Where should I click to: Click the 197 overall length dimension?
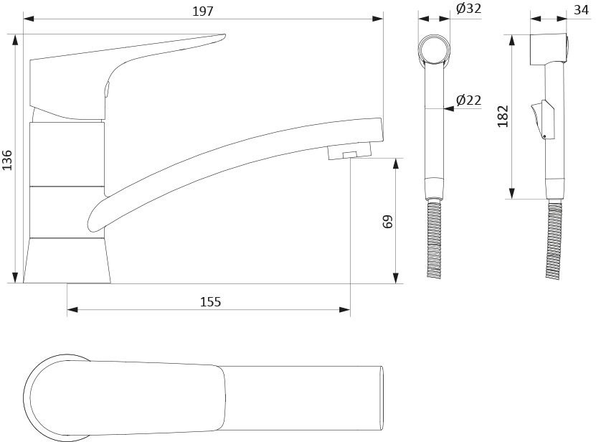[x=202, y=11]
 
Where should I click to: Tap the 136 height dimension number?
[x=7, y=160]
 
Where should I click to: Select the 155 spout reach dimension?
[x=210, y=301]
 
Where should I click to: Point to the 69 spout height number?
[x=388, y=222]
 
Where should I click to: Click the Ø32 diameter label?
[x=468, y=9]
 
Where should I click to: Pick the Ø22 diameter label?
[x=468, y=100]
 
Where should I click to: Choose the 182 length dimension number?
[x=503, y=116]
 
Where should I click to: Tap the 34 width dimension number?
[x=581, y=10]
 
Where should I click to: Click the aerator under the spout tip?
[x=349, y=151]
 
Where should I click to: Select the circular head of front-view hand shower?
[x=434, y=50]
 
